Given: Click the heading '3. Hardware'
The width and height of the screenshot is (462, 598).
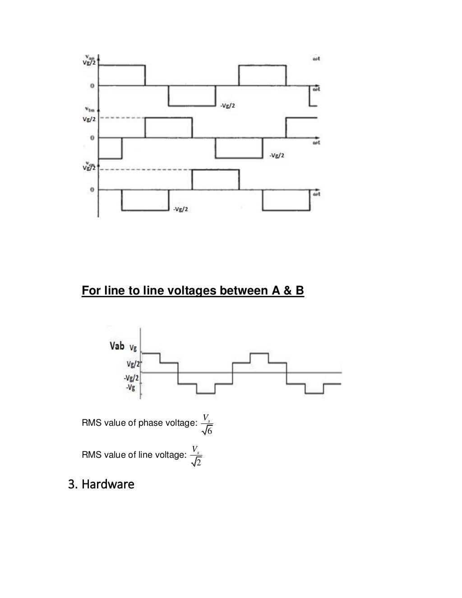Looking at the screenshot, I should click(101, 485).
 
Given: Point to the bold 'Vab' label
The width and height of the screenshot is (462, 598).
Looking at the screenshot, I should click(117, 346).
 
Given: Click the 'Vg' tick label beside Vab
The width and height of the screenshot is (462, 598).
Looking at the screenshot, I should click(133, 348).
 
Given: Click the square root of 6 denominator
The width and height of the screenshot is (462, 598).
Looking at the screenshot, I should click(208, 431).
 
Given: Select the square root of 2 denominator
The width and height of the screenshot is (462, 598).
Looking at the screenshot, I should click(196, 462).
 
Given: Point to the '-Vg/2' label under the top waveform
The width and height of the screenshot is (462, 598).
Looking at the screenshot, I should click(227, 106).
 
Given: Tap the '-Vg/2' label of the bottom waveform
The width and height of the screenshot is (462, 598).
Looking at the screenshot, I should click(180, 209).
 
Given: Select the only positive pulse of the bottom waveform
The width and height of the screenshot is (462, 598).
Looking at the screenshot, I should click(216, 179).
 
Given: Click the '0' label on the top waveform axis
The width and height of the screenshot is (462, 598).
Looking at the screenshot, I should click(92, 85).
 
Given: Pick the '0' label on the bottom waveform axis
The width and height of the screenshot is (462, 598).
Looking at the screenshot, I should click(92, 190).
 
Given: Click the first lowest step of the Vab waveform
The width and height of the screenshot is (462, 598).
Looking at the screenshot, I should click(205, 393).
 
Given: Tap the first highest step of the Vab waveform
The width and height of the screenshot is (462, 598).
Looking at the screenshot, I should click(151, 354).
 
